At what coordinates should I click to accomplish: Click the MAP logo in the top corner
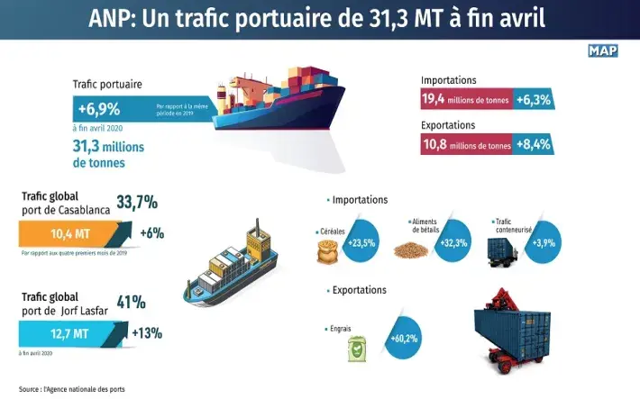[602, 50]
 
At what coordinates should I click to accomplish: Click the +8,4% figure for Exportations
[535, 143]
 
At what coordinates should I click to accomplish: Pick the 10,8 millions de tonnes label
[466, 143]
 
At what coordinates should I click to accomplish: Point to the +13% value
[147, 333]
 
